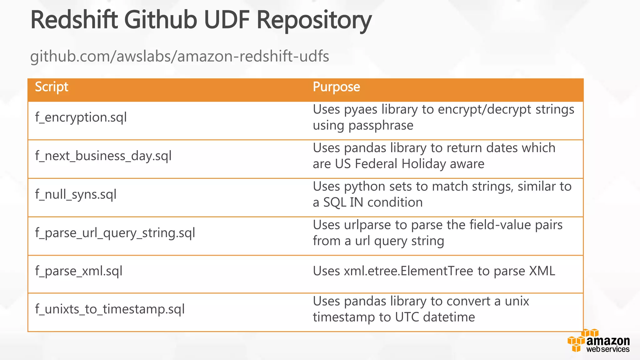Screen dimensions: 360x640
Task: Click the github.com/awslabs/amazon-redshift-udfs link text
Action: [x=179, y=57]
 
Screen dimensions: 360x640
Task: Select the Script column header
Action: [x=52, y=87]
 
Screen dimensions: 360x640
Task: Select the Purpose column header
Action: [x=336, y=87]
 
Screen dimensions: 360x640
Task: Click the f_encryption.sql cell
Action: [x=81, y=117]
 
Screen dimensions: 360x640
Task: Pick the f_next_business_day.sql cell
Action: [x=103, y=156]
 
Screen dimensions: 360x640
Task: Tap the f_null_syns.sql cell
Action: [x=76, y=194]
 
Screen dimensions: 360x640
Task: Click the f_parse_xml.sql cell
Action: [x=79, y=271]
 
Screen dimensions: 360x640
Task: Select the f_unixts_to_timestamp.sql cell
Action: [x=110, y=309]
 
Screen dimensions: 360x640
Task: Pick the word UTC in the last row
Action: [x=407, y=317]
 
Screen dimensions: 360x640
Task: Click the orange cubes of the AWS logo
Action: [x=577, y=342]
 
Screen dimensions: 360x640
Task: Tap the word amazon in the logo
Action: [x=608, y=341]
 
